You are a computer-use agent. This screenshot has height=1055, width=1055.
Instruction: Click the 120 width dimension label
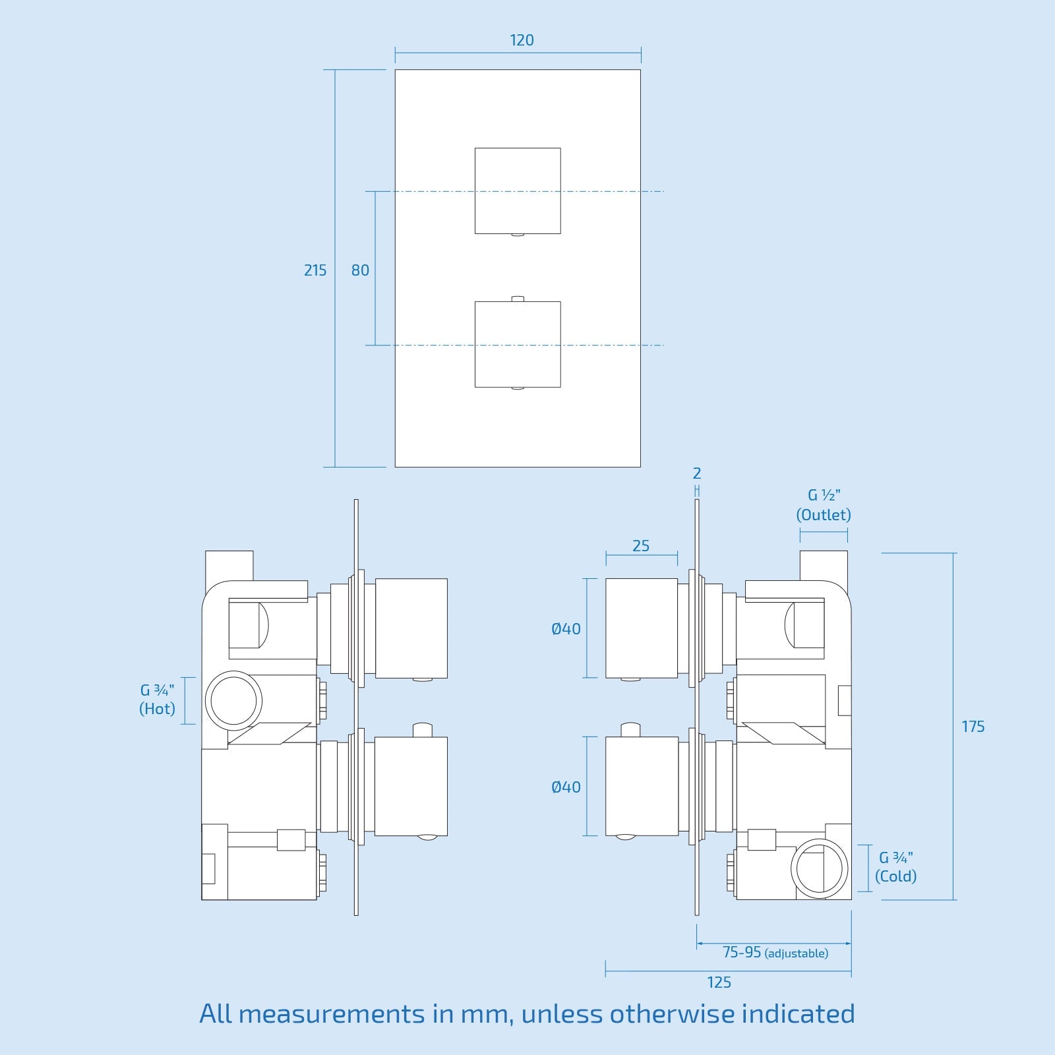tap(522, 40)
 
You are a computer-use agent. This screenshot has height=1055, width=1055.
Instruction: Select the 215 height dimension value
tap(315, 270)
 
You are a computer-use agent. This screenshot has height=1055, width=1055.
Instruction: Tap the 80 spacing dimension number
tap(360, 270)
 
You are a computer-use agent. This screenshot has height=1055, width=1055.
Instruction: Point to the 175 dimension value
tap(973, 727)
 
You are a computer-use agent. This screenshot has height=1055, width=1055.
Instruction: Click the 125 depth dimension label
tap(719, 982)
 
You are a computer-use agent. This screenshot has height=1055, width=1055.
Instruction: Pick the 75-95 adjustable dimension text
tap(775, 953)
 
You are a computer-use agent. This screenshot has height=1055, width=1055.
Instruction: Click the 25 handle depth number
tap(640, 546)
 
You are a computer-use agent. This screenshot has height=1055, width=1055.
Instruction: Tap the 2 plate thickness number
tap(697, 473)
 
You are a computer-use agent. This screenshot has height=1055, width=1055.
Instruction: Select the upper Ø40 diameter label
tap(566, 629)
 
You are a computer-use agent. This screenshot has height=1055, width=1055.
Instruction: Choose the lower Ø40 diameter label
tap(566, 787)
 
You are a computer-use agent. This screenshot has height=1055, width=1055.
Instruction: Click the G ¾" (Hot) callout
tap(158, 700)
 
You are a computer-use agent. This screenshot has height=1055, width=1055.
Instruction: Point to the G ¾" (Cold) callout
tap(895, 867)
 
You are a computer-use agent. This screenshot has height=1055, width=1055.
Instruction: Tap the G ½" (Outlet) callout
tap(824, 505)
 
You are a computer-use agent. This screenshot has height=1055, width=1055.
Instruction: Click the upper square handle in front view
tap(518, 191)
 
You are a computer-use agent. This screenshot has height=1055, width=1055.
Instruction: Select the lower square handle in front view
tap(518, 344)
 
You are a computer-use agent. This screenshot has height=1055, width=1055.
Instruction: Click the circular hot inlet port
tap(233, 700)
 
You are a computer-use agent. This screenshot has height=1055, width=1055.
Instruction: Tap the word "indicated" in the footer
tap(798, 1013)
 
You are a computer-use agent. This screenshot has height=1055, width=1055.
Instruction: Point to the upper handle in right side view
tap(642, 628)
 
